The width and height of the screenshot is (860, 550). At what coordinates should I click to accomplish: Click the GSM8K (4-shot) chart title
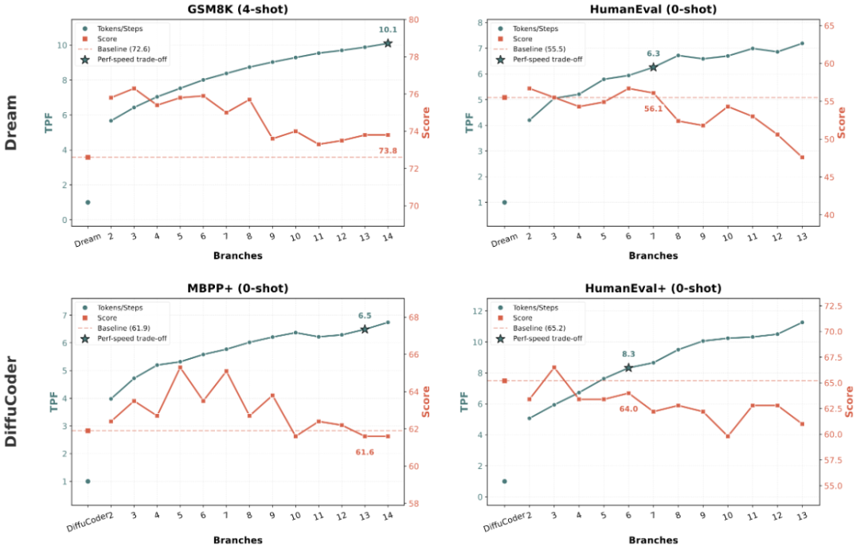(x=237, y=9)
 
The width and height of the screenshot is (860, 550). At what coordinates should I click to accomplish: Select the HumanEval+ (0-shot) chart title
(x=653, y=288)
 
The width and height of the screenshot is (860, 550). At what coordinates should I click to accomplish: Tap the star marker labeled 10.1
(x=388, y=43)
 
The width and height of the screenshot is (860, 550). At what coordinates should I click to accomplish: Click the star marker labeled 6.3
(x=653, y=67)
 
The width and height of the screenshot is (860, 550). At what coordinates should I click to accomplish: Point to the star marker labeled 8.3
(x=628, y=368)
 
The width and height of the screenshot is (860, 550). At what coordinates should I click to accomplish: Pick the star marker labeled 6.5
(x=365, y=329)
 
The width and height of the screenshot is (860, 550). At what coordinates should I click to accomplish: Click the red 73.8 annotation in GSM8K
(x=388, y=150)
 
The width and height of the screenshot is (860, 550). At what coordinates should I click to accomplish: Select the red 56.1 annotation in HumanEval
(x=653, y=108)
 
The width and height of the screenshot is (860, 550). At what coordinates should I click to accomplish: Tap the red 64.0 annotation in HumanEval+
(x=628, y=408)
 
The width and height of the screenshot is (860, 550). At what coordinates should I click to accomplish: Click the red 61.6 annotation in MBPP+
(x=365, y=452)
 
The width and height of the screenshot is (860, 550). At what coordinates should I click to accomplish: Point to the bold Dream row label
(x=11, y=123)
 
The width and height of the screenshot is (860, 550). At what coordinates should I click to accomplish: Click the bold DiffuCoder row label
(x=11, y=401)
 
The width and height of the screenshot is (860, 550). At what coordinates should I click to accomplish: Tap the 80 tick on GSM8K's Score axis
(x=413, y=20)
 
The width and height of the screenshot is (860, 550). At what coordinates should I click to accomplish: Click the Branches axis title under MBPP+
(x=237, y=540)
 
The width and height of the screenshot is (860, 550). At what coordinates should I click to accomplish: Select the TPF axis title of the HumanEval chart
(x=468, y=123)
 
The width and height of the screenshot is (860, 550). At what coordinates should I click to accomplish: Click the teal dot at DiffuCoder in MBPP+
(x=88, y=481)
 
